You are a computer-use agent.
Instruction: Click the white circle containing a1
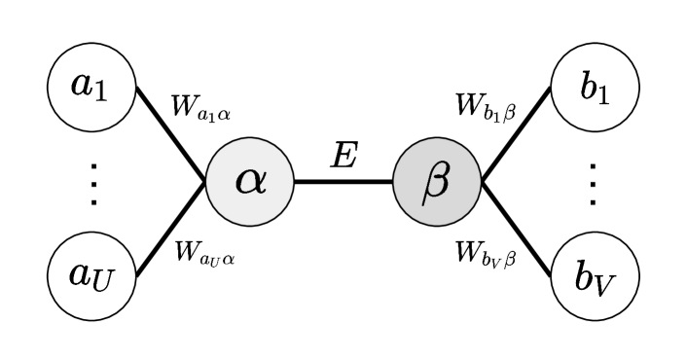coord(91,87)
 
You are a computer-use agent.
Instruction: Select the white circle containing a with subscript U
coord(91,276)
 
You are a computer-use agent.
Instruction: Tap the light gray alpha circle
coord(250,182)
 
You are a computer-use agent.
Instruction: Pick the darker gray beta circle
coord(437,182)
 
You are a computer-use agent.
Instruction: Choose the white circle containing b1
coord(595,87)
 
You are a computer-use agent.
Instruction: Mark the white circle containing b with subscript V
coord(595,276)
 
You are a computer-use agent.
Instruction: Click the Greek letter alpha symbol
coord(250,181)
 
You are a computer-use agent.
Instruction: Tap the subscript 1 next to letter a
coord(101,92)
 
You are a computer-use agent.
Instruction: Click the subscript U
coord(104,282)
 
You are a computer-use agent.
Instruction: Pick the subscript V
coord(605,284)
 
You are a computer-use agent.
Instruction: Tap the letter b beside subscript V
coord(584,276)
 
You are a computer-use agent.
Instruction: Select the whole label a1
coord(90,88)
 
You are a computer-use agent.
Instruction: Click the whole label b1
coord(595,88)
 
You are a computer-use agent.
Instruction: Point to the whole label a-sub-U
coord(90,277)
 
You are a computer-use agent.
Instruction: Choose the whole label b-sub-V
coord(595,278)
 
